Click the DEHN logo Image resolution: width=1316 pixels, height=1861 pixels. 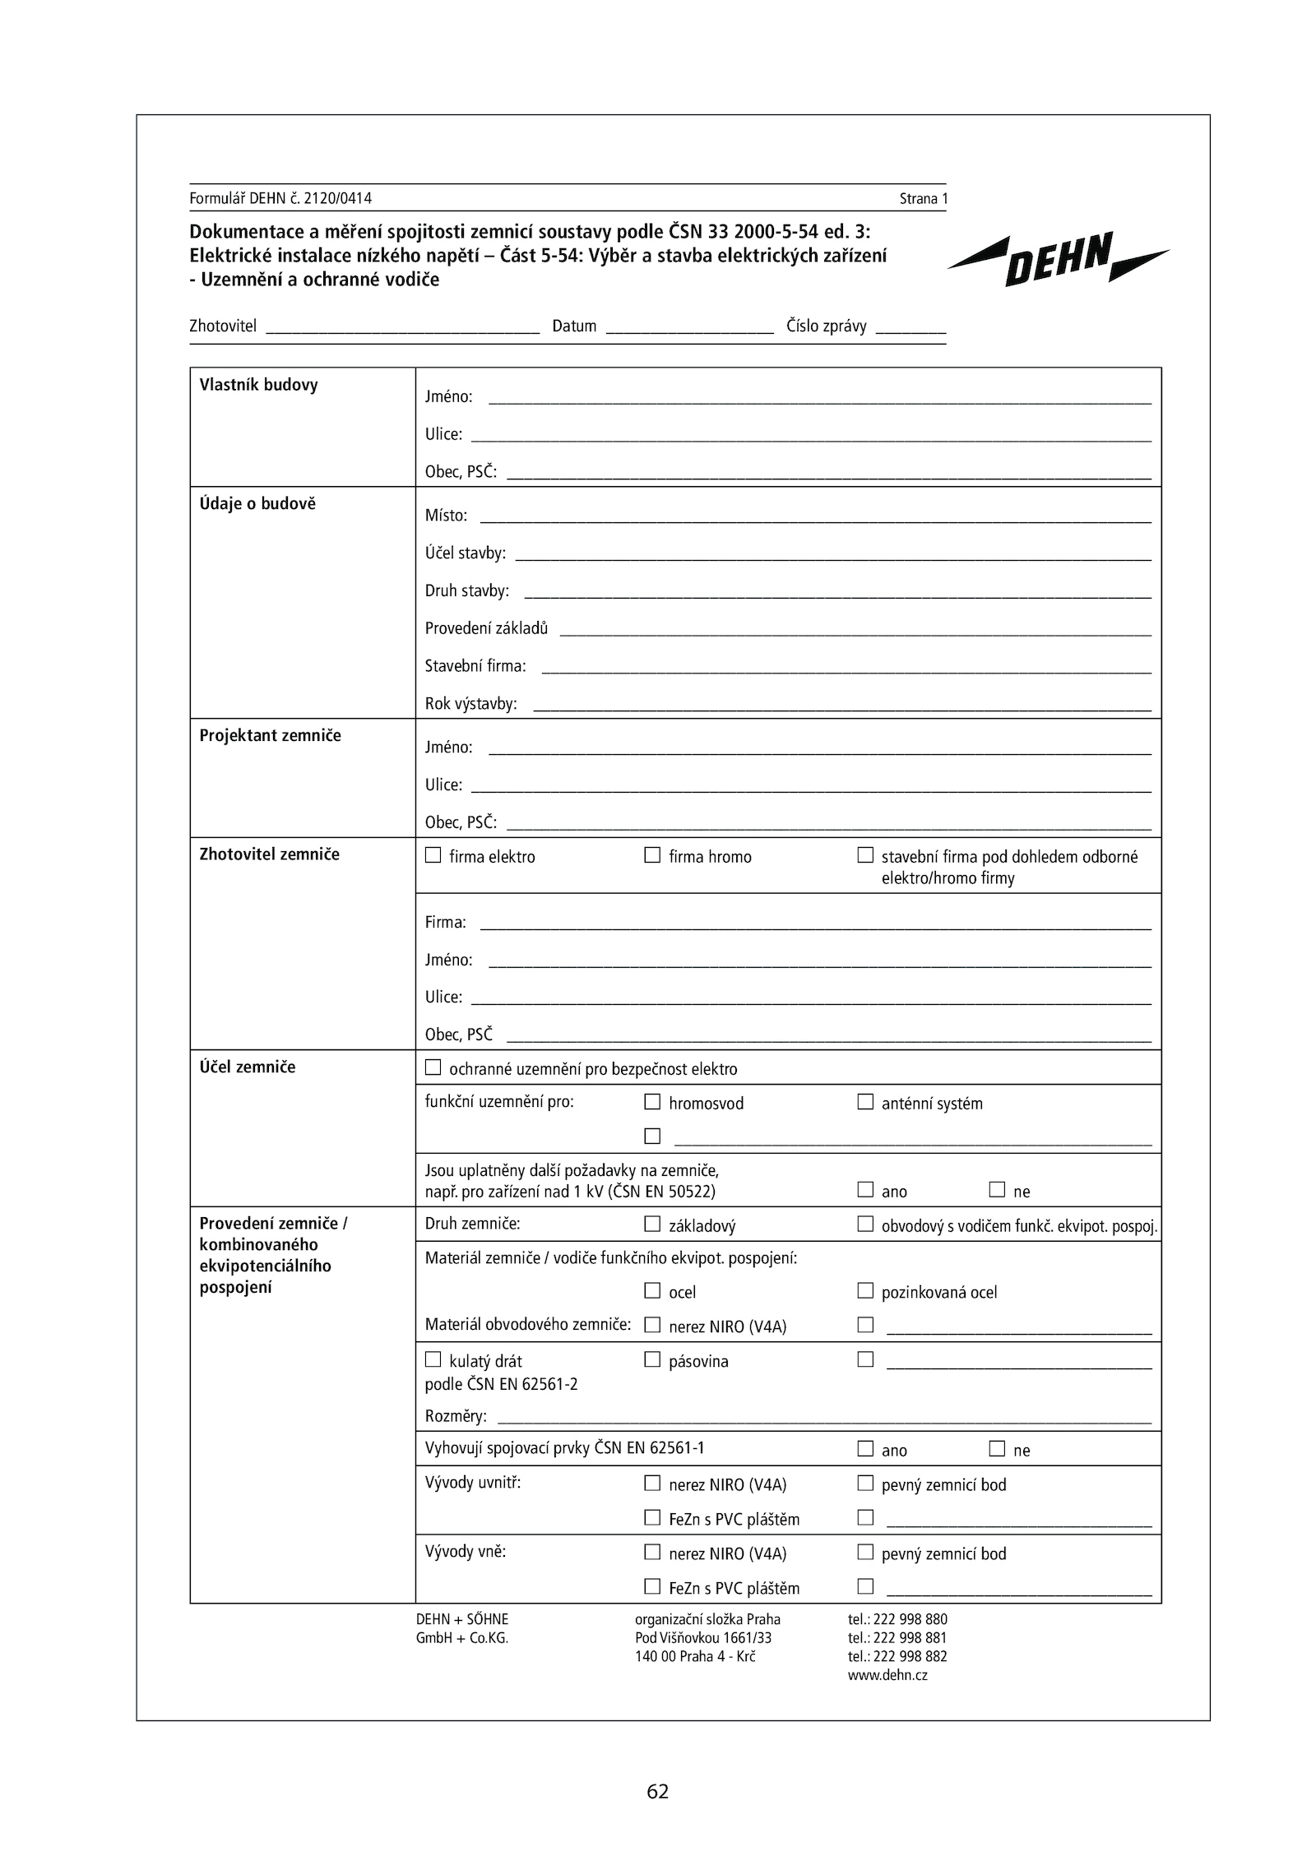tap(1058, 258)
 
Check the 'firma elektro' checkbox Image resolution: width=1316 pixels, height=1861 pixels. tap(433, 855)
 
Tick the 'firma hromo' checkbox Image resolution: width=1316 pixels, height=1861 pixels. tap(652, 855)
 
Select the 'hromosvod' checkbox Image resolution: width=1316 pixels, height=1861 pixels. tap(652, 1101)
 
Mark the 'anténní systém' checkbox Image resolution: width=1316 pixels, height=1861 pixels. tap(865, 1101)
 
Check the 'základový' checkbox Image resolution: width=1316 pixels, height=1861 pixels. tap(652, 1224)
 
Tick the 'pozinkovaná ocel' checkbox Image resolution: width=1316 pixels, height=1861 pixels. tap(865, 1290)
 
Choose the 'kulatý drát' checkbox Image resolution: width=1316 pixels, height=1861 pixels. tap(433, 1359)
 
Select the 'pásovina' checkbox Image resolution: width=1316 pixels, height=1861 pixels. tap(652, 1359)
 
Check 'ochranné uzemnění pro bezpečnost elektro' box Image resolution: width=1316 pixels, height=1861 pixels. tap(433, 1067)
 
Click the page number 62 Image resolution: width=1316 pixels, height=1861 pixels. tap(658, 1791)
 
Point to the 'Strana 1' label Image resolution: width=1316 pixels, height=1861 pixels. tap(923, 198)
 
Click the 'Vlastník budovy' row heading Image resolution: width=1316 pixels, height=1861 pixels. tap(258, 385)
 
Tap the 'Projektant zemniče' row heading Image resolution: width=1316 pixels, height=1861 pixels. tap(270, 735)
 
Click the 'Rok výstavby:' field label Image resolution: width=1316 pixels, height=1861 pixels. tap(470, 704)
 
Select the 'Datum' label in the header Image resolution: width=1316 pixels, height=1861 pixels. tap(574, 326)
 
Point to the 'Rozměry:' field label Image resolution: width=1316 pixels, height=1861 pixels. tap(456, 1416)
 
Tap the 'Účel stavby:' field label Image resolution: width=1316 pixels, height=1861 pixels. tap(465, 553)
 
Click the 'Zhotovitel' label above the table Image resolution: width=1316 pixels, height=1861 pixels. tap(223, 326)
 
